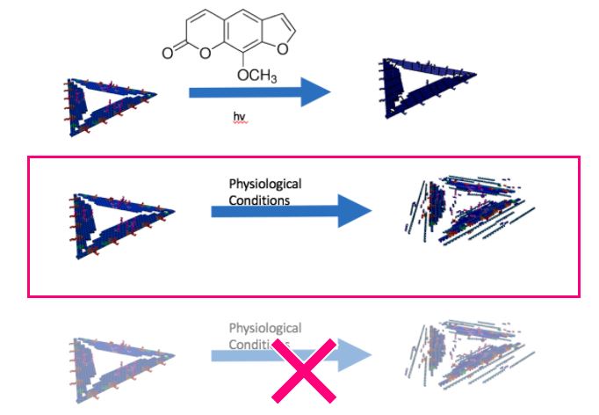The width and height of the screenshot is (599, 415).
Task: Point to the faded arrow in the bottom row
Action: [x=290, y=355]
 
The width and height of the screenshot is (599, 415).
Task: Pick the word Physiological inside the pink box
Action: [x=264, y=184]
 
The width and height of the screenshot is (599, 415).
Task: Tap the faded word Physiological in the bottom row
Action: [x=264, y=328]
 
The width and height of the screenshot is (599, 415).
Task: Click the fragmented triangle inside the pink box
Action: [x=465, y=211]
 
